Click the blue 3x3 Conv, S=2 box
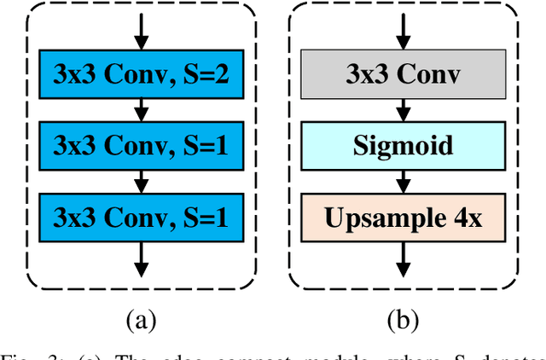tap(141, 77)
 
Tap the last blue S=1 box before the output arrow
tap(141, 217)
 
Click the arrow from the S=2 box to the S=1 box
tap(141, 111)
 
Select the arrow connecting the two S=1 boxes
tap(141, 182)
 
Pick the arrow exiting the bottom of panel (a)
tap(141, 258)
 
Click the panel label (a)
tap(141, 322)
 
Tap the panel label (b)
tap(404, 322)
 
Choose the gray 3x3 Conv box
tap(404, 77)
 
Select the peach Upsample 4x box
tap(404, 217)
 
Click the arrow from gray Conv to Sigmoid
tap(404, 111)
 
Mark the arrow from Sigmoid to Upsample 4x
tap(404, 182)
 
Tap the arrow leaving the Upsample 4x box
tap(404, 258)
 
